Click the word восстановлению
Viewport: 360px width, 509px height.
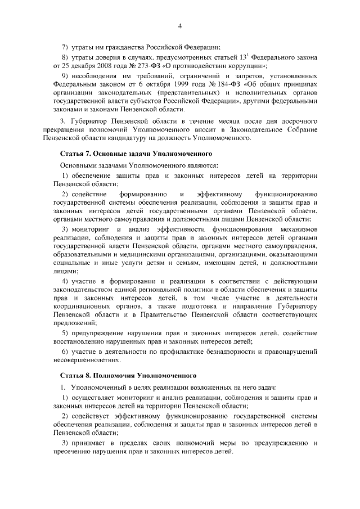click(x=83, y=341)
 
